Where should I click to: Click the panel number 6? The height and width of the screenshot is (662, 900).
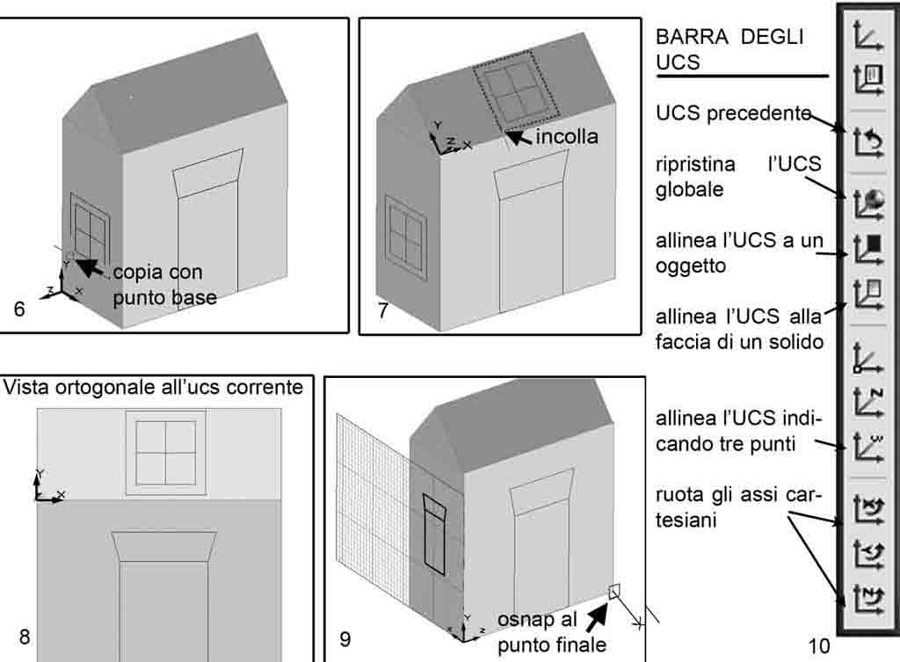point(20,309)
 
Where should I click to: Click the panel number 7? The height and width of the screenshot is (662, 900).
point(383,309)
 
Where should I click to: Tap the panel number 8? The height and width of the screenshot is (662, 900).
point(25,636)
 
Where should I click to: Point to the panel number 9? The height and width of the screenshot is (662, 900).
point(345,639)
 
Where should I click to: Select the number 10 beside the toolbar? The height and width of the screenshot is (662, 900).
point(818,646)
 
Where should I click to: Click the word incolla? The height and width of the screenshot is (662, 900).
point(567,136)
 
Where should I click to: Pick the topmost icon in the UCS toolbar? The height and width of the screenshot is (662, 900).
point(867,37)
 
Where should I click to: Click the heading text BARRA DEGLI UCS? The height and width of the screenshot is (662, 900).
point(729,49)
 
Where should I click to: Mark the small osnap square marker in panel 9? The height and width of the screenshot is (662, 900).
point(615,591)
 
